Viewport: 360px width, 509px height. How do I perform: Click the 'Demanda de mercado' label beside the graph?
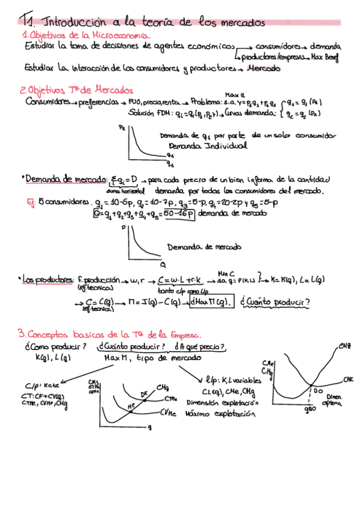[204, 247]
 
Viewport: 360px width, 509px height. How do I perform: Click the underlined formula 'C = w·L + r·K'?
[181, 280]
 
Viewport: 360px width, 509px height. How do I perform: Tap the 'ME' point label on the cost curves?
[132, 406]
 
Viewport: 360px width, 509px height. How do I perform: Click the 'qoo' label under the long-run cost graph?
[310, 409]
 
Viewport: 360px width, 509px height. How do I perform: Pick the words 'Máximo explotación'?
[214, 414]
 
